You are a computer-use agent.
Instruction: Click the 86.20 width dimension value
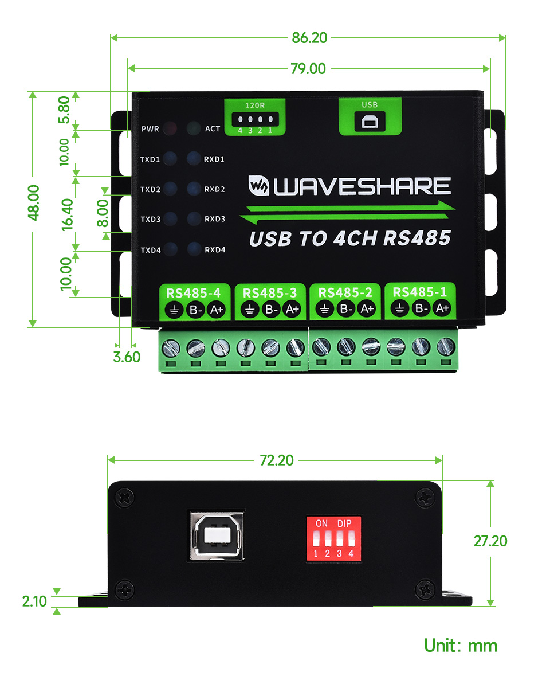point(309,38)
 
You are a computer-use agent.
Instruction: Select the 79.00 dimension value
point(308,69)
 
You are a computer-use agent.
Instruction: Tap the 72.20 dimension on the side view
point(277,460)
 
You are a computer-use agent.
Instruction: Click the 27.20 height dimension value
point(490,541)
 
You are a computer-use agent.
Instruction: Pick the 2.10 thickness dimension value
point(35,601)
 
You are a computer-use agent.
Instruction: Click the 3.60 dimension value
point(127,357)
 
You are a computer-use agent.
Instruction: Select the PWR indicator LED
point(170,128)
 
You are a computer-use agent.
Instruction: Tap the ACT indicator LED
point(194,128)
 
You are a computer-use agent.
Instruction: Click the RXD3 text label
point(215,219)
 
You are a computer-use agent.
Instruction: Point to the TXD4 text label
point(150,249)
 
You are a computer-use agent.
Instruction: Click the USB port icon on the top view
point(370,121)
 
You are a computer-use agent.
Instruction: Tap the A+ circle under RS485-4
point(216,310)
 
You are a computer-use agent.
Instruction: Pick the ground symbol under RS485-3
point(249,310)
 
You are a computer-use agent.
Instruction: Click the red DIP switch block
point(333,538)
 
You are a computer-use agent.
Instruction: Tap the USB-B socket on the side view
point(217,535)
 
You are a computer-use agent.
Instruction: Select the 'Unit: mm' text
point(461,646)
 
